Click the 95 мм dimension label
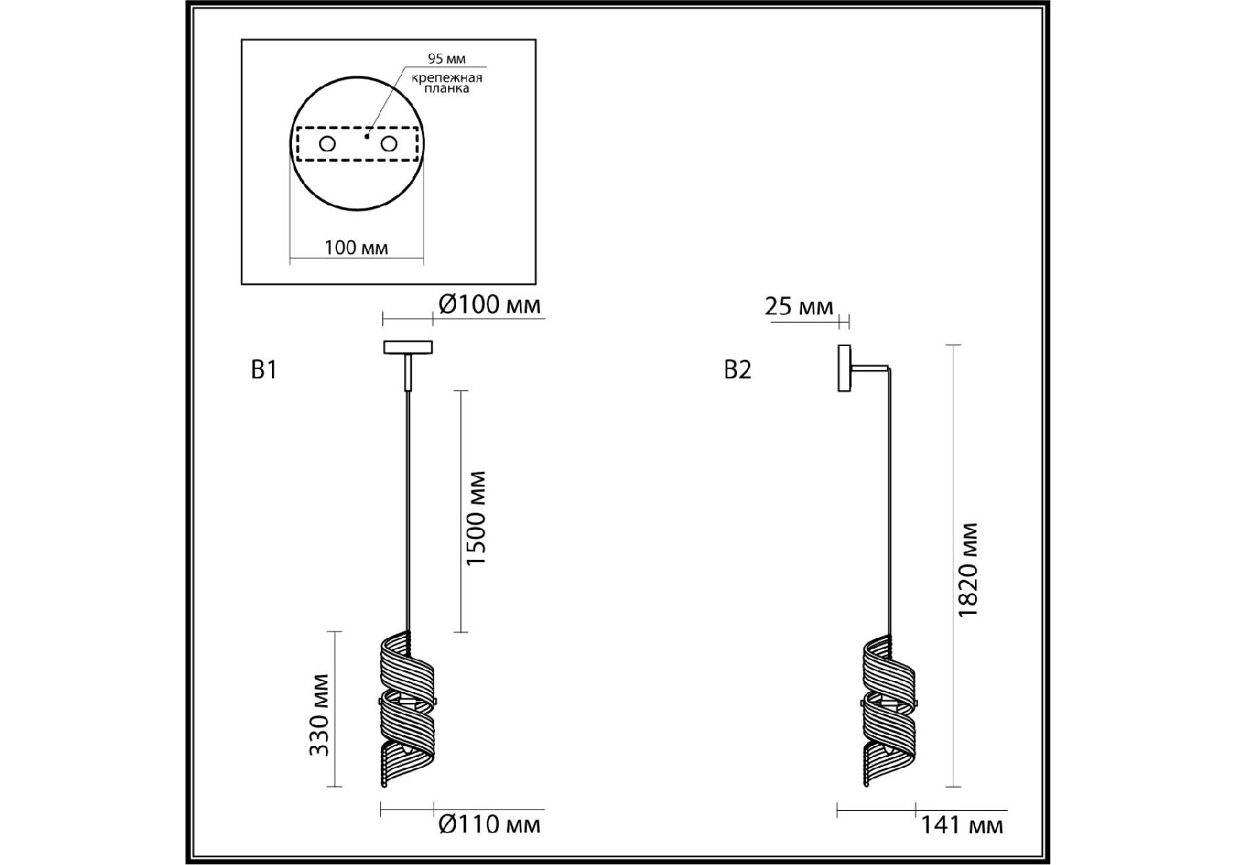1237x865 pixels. pos(446,59)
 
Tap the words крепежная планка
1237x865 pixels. pos(446,83)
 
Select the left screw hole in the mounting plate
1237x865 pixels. pos(327,144)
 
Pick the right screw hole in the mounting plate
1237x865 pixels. pos(389,144)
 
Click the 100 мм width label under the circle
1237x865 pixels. pos(356,248)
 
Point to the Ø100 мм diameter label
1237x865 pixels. pos(489,305)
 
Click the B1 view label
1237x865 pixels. pos(264,370)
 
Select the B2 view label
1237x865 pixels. pos(737,370)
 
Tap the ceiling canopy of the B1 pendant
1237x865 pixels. pos(408,347)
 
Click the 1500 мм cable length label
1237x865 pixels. pos(476,518)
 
